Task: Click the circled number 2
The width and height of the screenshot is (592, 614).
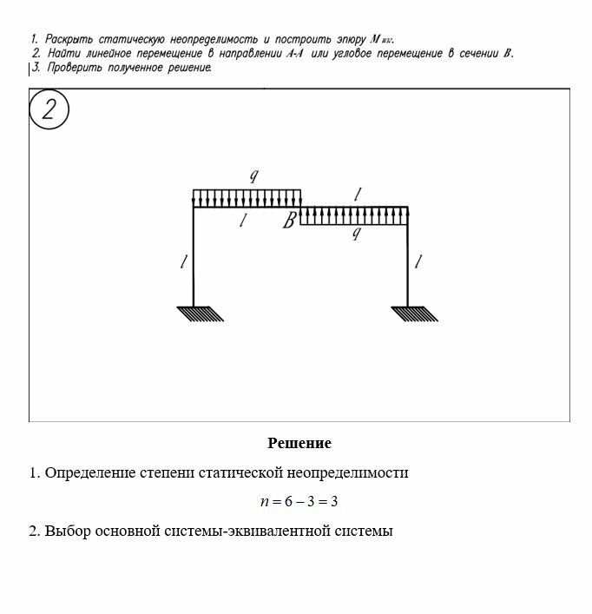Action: (x=49, y=110)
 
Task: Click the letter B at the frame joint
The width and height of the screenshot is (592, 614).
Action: (x=290, y=221)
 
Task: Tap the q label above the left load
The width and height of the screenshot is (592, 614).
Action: (x=253, y=176)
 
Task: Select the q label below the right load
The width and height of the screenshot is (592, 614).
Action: (x=355, y=234)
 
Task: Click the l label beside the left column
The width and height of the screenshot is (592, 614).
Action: (x=183, y=261)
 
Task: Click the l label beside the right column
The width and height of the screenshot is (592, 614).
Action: (x=418, y=261)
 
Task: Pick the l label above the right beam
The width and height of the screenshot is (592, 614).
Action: (x=358, y=193)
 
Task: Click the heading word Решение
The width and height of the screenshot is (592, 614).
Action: (x=299, y=444)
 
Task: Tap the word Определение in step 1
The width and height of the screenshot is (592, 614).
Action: (x=87, y=473)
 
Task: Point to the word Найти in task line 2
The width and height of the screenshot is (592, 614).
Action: (x=62, y=53)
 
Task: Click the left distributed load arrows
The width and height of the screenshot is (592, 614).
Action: (x=247, y=198)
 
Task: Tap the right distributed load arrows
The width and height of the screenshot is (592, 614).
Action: (x=354, y=215)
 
